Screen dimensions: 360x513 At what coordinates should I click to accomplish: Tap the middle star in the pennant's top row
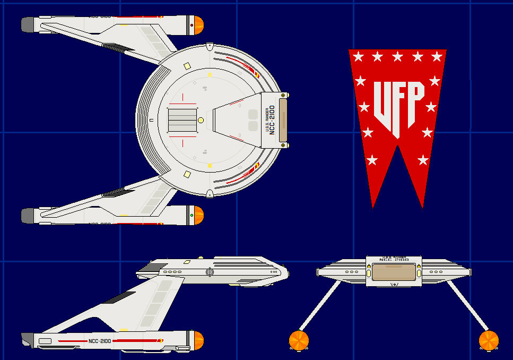point(397,56)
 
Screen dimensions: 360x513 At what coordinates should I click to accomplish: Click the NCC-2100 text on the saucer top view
point(272,121)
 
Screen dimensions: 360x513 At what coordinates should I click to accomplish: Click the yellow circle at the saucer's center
point(201,121)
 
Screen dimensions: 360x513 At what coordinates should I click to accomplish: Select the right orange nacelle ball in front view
point(489,340)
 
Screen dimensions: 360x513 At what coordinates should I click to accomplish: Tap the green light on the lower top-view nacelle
point(191,216)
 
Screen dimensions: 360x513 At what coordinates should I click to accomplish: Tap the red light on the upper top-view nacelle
point(191,24)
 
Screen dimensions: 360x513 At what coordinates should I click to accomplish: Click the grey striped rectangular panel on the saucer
point(182,121)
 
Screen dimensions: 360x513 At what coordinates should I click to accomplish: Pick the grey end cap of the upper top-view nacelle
point(28,23)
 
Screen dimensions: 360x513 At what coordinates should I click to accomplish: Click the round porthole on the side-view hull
point(209,272)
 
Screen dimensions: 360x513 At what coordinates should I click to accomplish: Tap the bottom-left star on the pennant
point(372,160)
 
